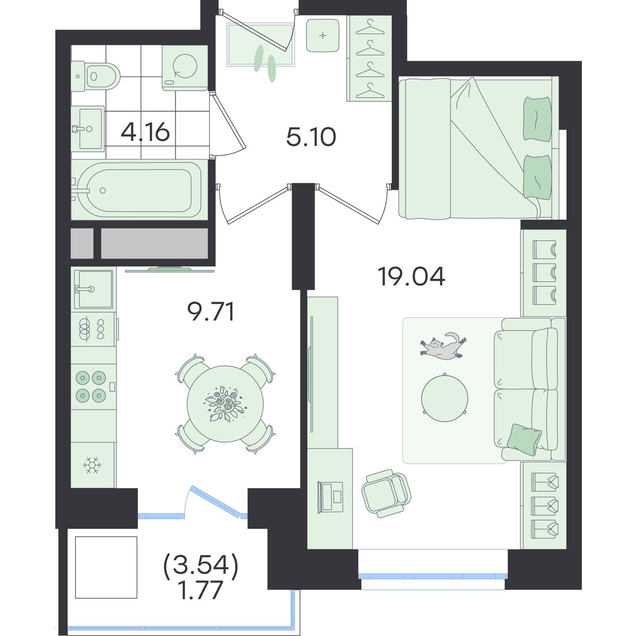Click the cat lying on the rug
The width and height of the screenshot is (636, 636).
pos(442,347)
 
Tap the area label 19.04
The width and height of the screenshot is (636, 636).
pos(412,277)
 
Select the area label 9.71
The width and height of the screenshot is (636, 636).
pos(210,312)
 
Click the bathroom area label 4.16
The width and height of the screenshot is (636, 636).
pos(145,132)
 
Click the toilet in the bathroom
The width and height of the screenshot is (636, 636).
pos(95,76)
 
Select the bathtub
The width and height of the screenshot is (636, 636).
pos(139,190)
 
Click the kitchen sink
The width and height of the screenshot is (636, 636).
pos(94,289)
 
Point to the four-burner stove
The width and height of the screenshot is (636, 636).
pos(93,386)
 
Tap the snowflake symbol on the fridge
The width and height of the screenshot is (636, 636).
pos(92,465)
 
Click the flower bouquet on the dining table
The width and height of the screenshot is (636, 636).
pos(225,404)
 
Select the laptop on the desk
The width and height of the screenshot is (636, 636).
pos(330,497)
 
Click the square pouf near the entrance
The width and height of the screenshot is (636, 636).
pos(323,36)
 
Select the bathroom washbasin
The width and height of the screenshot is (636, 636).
pos(88,128)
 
